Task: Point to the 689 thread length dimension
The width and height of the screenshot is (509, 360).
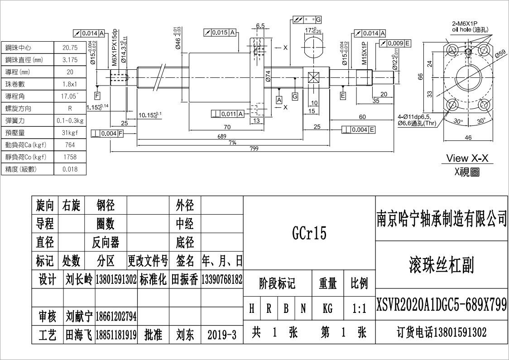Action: pyautogui.click(x=221, y=136)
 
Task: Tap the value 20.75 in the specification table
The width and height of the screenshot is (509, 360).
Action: pyautogui.click(x=70, y=48)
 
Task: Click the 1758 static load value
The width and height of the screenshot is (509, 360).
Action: pyautogui.click(x=70, y=157)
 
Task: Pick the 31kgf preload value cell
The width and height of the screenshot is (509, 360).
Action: pyautogui.click(x=70, y=133)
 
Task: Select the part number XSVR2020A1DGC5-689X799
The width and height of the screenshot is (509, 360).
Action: pyautogui.click(x=442, y=305)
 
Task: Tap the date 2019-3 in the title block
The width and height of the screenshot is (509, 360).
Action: pyautogui.click(x=222, y=335)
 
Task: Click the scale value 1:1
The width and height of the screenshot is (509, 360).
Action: pyautogui.click(x=359, y=309)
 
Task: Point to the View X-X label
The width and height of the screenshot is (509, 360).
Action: pyautogui.click(x=467, y=158)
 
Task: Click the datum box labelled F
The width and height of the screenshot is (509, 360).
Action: pyautogui.click(x=97, y=96)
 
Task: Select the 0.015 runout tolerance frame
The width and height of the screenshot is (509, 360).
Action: pyautogui.click(x=220, y=33)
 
